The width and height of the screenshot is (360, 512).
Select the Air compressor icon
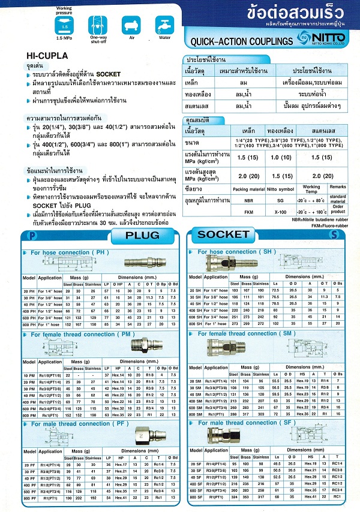click(x=130, y=25)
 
